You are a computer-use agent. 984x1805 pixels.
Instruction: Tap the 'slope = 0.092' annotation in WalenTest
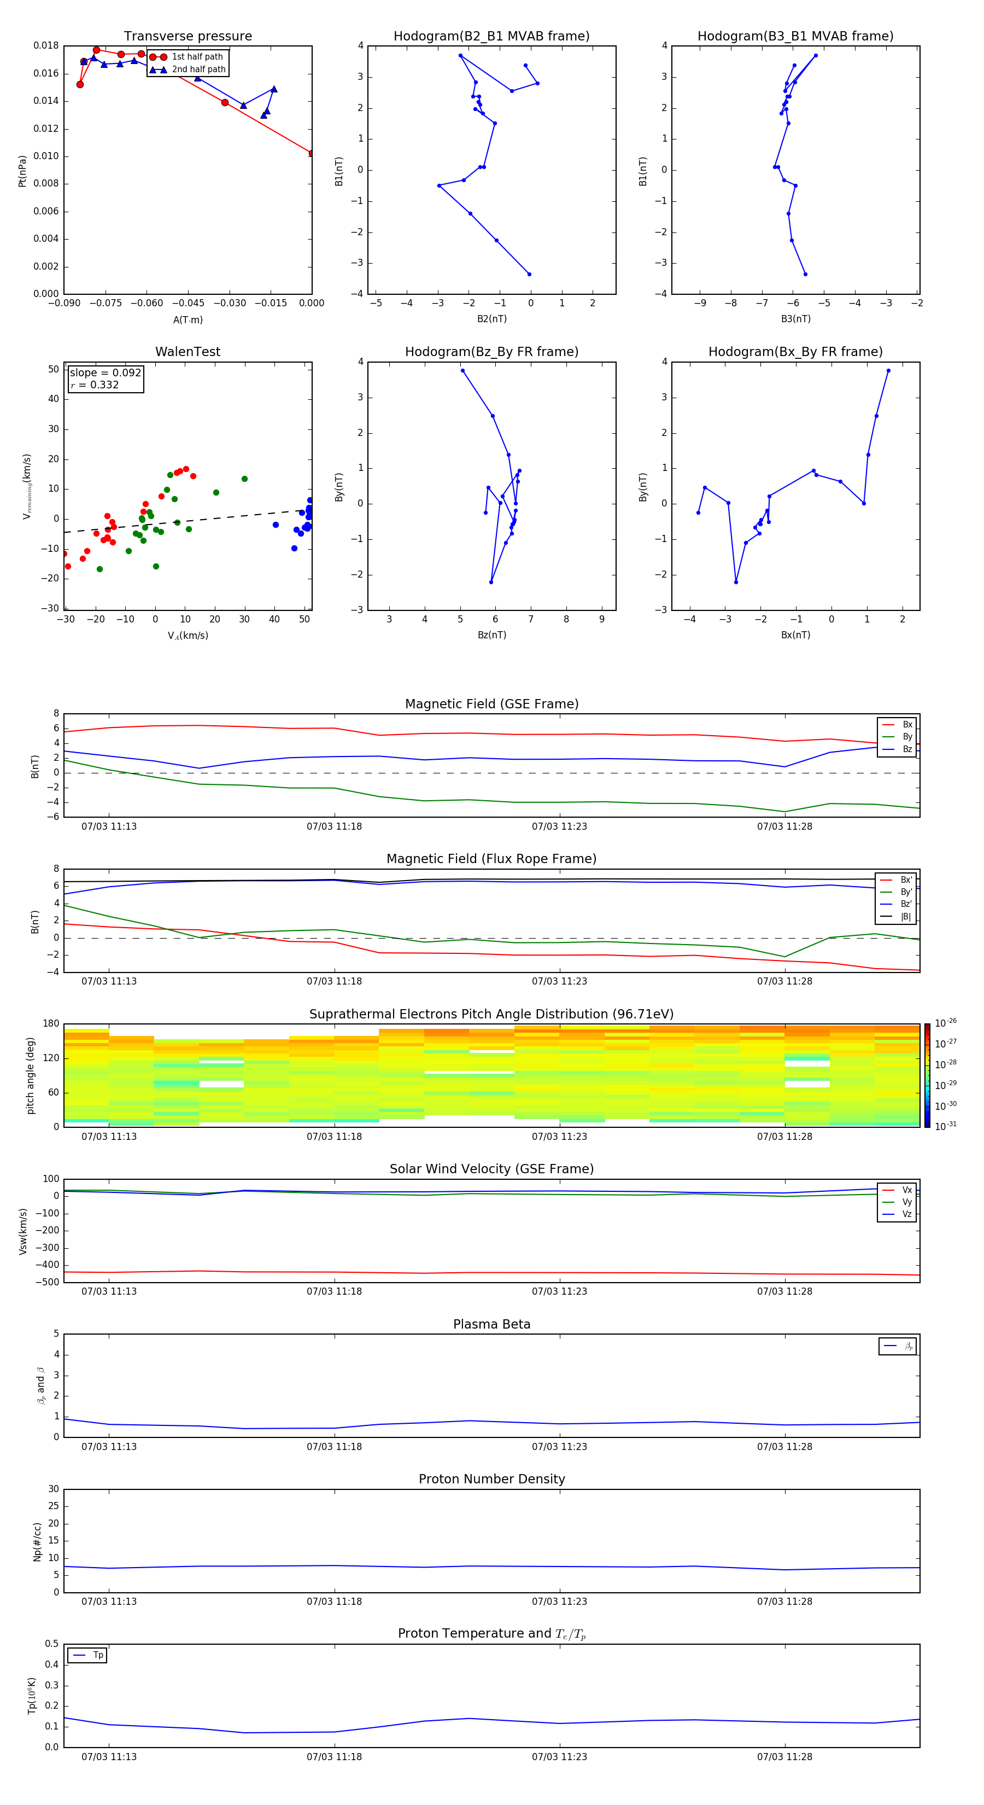(105, 373)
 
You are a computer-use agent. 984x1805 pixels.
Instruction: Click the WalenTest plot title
(188, 352)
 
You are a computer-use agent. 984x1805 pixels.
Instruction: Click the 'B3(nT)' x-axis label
(795, 319)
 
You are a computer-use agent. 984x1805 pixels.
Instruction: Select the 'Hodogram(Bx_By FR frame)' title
(795, 352)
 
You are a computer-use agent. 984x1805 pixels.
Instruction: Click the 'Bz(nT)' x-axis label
(491, 635)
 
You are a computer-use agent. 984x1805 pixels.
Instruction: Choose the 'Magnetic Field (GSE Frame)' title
(491, 704)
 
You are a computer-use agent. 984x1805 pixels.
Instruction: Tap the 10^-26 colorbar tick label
(946, 1023)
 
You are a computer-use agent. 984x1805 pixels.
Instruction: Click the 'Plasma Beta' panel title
(491, 1324)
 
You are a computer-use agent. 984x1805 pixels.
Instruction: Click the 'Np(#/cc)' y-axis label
(37, 1541)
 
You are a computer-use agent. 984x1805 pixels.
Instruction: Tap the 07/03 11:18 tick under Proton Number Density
(334, 1601)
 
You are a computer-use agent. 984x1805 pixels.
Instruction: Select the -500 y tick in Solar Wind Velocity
(50, 1282)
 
